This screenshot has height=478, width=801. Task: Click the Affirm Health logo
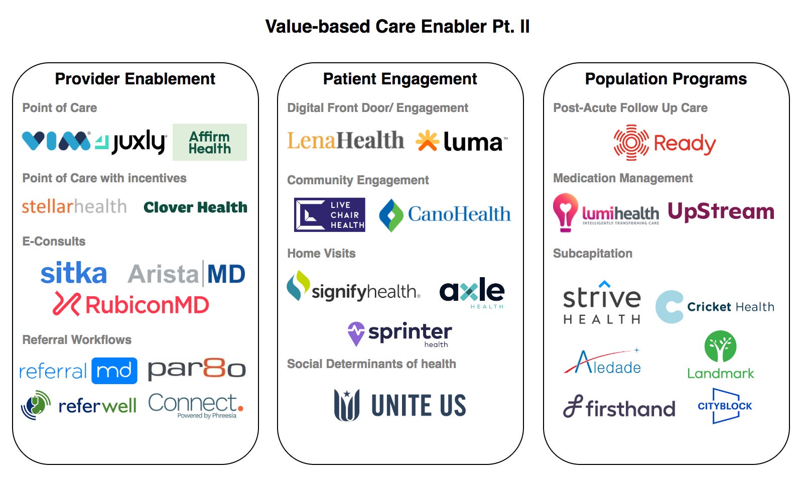[x=210, y=143]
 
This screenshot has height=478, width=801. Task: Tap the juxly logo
[x=131, y=142]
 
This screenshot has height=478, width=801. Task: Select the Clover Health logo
[x=195, y=207]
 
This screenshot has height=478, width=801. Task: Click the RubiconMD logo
[x=131, y=304]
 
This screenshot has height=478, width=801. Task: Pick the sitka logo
[x=74, y=273]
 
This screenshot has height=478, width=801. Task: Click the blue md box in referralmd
[x=114, y=371]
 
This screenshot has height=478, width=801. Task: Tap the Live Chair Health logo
[x=330, y=215]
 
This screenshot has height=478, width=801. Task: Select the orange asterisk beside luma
[x=427, y=141]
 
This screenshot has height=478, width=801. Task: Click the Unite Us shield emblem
[x=347, y=405]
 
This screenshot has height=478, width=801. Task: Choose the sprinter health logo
[x=400, y=334]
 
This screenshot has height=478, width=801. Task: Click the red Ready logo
[x=665, y=143]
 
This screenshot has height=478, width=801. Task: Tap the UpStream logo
[x=721, y=211]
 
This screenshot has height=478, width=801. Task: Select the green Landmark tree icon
[x=720, y=346]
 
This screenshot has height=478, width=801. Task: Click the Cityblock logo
[x=725, y=406]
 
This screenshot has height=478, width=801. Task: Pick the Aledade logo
[x=603, y=363]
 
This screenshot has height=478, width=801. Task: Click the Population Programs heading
[x=666, y=79]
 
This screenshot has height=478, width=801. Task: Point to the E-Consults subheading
[x=54, y=242]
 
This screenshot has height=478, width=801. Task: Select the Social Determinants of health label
[x=371, y=364]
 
